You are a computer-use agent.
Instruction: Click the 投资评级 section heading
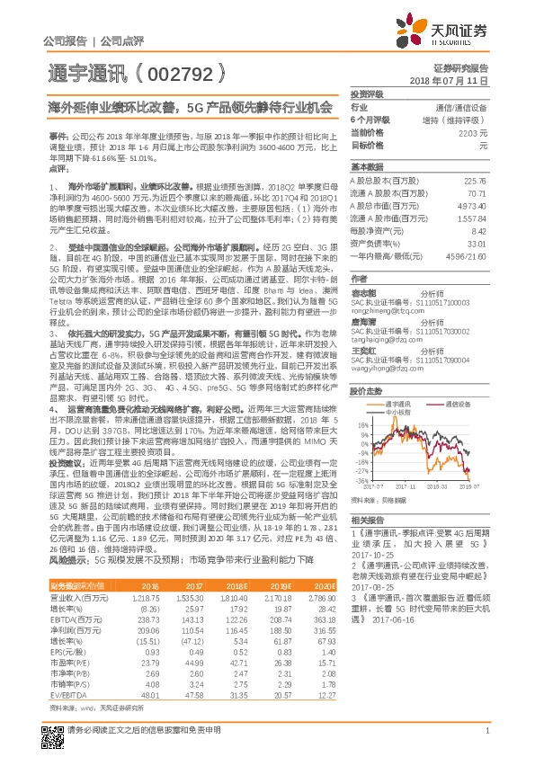point(367,94)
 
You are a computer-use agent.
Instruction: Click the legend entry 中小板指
point(408,414)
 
